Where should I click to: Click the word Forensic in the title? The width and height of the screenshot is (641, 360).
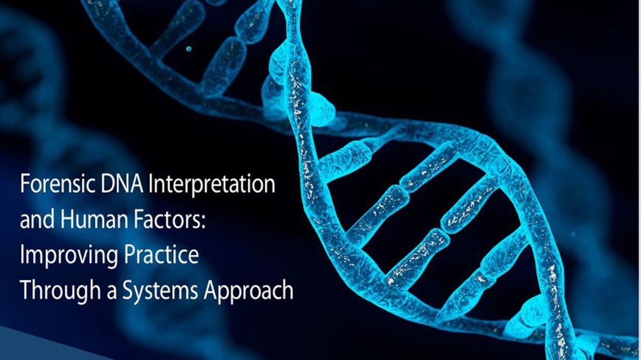point(58,184)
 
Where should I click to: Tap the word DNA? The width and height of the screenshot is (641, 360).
point(122,184)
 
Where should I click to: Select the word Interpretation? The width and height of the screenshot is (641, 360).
point(212,186)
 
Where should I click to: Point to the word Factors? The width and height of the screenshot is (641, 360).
point(161,220)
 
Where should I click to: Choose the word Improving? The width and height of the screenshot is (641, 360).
point(69,256)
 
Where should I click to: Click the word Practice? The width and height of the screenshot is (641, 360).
point(161,255)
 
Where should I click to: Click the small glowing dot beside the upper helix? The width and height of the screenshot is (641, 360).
point(189,49)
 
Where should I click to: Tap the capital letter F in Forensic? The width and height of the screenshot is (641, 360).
point(24,184)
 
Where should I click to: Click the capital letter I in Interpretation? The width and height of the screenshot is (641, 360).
point(150,184)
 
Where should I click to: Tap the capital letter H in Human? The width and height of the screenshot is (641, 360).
point(67,220)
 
